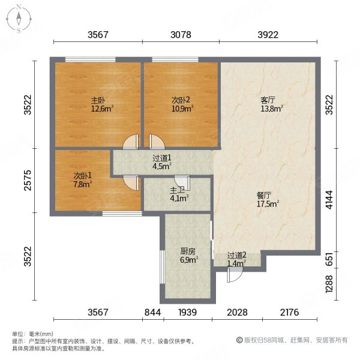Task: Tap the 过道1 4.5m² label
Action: click(x=161, y=163)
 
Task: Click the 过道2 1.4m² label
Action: click(x=236, y=259)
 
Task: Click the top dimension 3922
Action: click(x=268, y=35)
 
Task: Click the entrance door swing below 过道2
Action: click(x=235, y=275)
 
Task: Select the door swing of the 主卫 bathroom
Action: click(x=181, y=181)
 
